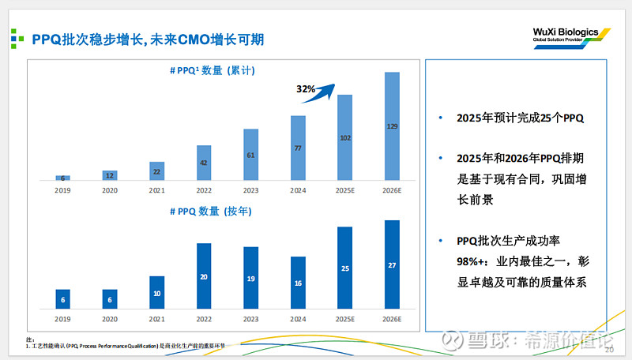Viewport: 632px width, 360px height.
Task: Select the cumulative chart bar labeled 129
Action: [x=392, y=126]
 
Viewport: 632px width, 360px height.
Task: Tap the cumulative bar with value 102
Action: [x=345, y=137]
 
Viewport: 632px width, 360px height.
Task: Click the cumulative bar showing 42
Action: [x=204, y=163]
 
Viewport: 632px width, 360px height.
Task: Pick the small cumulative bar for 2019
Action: [x=63, y=178]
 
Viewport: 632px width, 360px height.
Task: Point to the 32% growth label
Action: [x=306, y=89]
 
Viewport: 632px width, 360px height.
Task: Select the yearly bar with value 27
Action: [x=392, y=264]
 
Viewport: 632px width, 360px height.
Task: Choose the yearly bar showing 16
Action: [x=298, y=282]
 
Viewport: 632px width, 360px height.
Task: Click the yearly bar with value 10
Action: [x=157, y=292]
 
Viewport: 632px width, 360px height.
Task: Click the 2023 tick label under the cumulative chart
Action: [x=251, y=190]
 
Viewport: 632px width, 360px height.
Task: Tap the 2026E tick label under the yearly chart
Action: [x=392, y=318]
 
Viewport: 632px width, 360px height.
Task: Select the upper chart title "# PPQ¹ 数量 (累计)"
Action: [x=218, y=71]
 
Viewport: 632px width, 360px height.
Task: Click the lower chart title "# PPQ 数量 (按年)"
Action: [x=218, y=211]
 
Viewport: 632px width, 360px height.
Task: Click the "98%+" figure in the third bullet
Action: [x=472, y=261]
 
